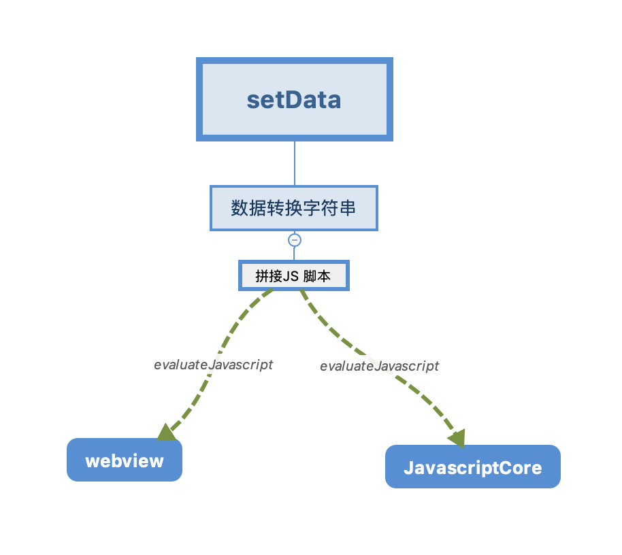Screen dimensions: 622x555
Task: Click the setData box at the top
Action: (x=295, y=99)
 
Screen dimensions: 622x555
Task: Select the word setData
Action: (x=294, y=99)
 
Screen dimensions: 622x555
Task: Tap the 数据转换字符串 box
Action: (x=294, y=208)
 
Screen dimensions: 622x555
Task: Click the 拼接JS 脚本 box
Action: (x=293, y=275)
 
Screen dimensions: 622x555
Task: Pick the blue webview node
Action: (x=125, y=460)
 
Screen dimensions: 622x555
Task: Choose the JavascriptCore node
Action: (x=473, y=467)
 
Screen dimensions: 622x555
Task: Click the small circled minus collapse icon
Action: (x=295, y=240)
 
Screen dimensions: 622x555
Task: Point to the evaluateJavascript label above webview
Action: (x=214, y=365)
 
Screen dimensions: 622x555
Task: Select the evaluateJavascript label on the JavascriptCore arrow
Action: (x=380, y=366)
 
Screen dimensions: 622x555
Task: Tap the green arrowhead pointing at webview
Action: (x=167, y=432)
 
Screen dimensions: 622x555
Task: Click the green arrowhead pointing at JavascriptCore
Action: (x=457, y=438)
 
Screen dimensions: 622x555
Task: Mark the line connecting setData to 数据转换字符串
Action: (x=295, y=163)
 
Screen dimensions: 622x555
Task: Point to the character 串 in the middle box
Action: (x=348, y=208)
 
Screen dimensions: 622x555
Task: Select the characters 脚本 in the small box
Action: (x=317, y=276)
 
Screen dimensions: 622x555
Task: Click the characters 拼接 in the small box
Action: (x=269, y=276)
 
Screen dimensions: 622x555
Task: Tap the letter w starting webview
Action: (x=93, y=461)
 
